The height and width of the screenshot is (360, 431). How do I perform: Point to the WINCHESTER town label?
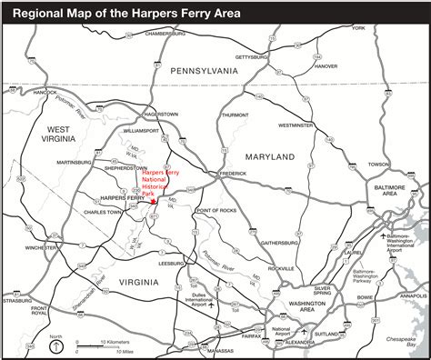[42, 246]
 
